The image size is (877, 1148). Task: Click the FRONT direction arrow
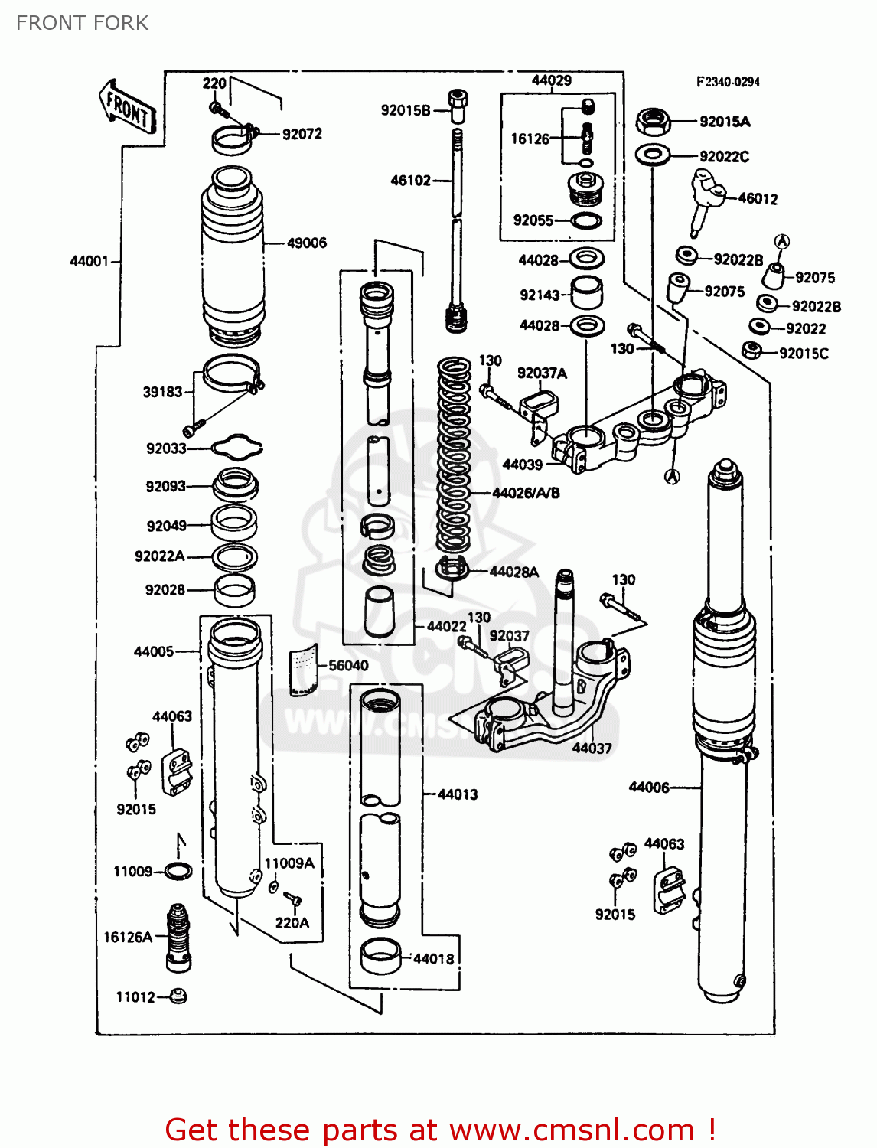coord(127,108)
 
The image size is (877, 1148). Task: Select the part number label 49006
coord(306,243)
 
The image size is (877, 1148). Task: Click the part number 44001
coord(90,261)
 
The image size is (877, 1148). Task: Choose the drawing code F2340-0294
coord(727,82)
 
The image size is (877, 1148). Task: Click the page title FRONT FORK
coord(82,23)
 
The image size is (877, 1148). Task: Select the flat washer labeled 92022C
coord(652,155)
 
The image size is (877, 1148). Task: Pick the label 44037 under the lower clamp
coord(592,748)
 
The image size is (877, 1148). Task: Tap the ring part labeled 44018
coord(380,957)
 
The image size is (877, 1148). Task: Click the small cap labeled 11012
coord(178,996)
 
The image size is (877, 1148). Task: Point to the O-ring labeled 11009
coord(178,871)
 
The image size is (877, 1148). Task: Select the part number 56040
coord(348,665)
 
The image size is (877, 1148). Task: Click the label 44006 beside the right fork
coord(648,787)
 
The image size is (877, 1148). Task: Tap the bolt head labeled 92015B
coord(458,105)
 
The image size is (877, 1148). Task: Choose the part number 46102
coord(411,181)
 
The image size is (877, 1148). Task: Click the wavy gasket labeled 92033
coord(236,447)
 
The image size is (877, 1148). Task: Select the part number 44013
coord(458,794)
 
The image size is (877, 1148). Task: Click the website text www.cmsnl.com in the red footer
coord(571,1130)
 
